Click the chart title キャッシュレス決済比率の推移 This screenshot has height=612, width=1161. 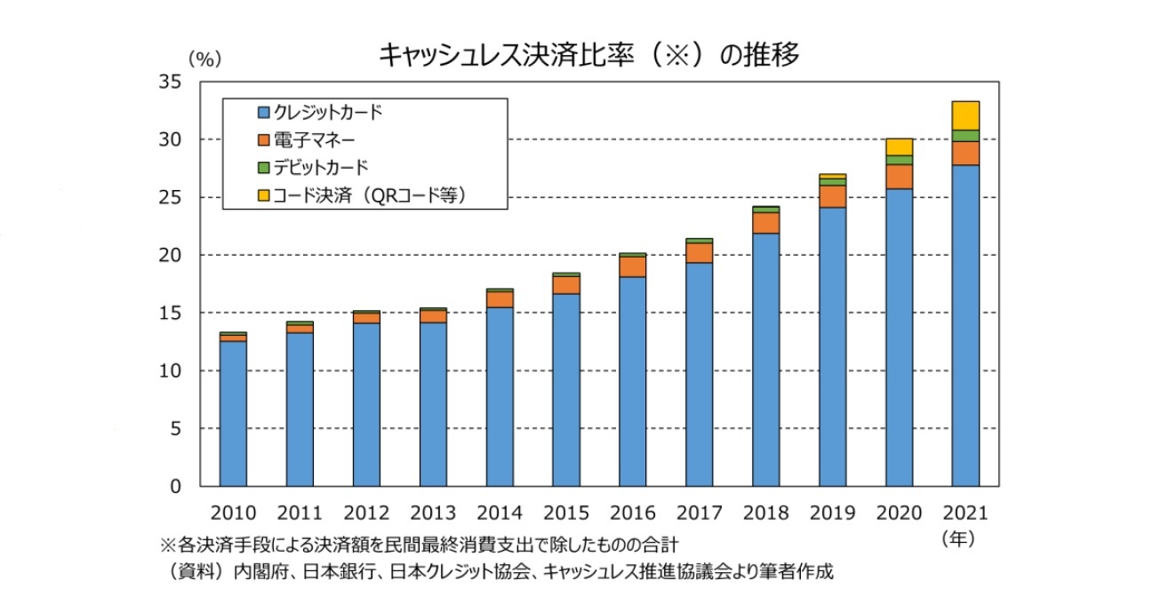[x=589, y=55]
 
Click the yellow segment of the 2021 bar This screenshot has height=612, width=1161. [x=965, y=115]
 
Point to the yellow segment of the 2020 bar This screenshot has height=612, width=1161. [x=899, y=147]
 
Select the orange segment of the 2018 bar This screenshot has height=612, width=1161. [x=765, y=223]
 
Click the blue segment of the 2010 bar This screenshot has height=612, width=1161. [x=233, y=413]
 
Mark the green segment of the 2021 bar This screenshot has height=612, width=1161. [x=965, y=136]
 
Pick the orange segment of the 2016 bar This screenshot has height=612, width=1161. [x=632, y=266]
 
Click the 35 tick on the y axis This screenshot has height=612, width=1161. [x=170, y=82]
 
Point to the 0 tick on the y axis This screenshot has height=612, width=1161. [x=175, y=487]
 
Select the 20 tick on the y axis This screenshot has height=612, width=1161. [x=170, y=255]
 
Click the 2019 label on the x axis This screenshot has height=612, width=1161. [x=832, y=513]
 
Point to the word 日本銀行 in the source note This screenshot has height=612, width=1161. [x=336, y=572]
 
